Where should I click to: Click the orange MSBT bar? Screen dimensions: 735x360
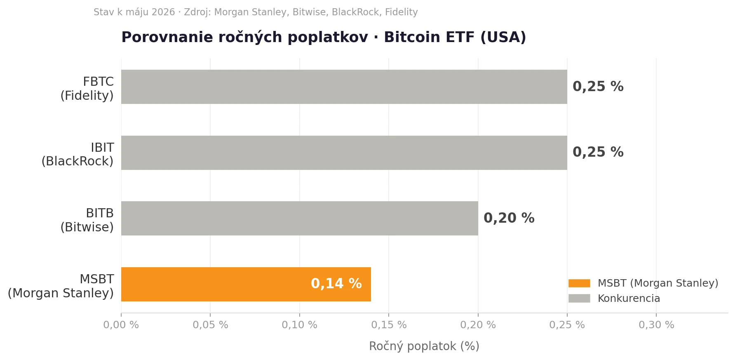click(246, 284)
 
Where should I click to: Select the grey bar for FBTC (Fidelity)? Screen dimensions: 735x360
click(344, 87)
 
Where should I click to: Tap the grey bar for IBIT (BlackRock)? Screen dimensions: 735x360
click(344, 153)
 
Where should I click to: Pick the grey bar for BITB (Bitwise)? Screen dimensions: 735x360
click(300, 218)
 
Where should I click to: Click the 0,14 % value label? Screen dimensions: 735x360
click(336, 284)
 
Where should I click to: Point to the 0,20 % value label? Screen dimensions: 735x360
click(509, 219)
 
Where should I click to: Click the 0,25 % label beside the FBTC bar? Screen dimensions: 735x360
click(598, 87)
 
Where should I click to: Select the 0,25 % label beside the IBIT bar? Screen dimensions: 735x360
click(598, 153)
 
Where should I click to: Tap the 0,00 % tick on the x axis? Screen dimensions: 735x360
click(121, 325)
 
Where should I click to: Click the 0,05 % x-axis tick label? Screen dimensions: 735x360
click(210, 325)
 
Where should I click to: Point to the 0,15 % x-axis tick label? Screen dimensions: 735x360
click(389, 325)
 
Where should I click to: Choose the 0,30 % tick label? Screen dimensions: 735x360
click(656, 325)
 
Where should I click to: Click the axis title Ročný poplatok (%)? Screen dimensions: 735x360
click(424, 346)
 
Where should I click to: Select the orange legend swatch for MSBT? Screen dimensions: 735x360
click(579, 283)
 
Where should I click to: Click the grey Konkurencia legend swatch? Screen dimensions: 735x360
click(579, 298)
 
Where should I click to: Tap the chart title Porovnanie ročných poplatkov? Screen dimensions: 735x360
click(244, 38)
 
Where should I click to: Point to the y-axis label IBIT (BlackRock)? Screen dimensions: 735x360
click(77, 155)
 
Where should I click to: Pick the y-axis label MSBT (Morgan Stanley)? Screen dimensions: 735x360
click(61, 286)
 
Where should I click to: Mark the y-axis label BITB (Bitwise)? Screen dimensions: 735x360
click(87, 220)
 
